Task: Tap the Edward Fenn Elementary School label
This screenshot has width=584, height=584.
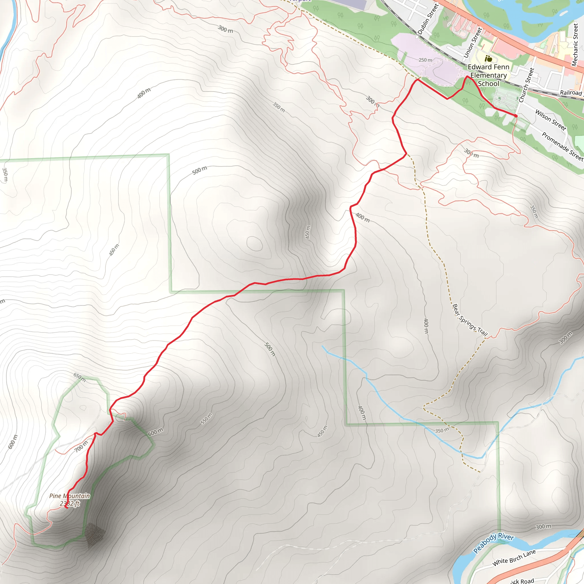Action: [488, 75]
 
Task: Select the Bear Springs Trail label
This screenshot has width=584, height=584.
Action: [470, 320]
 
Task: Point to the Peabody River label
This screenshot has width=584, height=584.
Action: [493, 543]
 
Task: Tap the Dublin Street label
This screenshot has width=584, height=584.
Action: [428, 19]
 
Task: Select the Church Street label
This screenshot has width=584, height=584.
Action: [526, 85]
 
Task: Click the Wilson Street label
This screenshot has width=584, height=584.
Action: [550, 120]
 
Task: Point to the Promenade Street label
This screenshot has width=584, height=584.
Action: [562, 146]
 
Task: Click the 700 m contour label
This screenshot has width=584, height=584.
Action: [81, 447]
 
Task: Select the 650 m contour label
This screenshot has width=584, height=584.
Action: [80, 377]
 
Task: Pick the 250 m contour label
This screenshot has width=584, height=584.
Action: [425, 60]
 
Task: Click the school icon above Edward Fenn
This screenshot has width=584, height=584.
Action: [488, 59]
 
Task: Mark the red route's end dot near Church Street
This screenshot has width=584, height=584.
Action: [516, 116]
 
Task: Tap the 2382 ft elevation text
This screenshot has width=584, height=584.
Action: [70, 504]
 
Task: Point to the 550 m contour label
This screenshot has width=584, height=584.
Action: [206, 419]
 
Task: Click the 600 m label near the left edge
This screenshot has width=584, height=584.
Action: [13, 442]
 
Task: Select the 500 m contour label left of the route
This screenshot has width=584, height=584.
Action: [200, 170]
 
